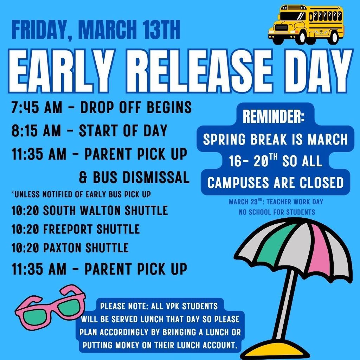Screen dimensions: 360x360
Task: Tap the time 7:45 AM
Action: click(x=37, y=108)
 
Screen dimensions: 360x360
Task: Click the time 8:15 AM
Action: click(x=37, y=131)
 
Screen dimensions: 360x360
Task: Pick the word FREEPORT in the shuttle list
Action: click(x=68, y=229)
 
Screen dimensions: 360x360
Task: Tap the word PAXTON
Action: click(x=62, y=248)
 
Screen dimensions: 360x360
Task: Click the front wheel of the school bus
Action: click(x=301, y=38)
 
